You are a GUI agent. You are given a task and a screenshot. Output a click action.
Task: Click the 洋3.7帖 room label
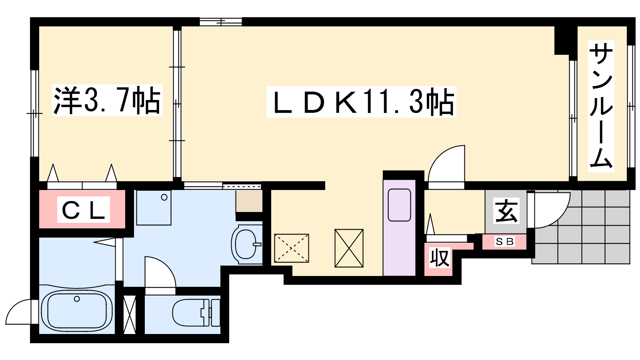[107, 100]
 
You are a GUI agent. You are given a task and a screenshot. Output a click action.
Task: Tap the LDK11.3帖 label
[361, 102]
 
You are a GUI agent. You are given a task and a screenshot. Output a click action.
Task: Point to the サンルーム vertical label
[601, 106]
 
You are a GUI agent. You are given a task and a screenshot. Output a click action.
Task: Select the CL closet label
[84, 210]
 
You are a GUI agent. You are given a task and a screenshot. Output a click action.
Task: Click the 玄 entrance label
[506, 212]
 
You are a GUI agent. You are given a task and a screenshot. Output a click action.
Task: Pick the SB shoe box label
[505, 242]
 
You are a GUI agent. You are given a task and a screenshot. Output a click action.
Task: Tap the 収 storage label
[440, 258]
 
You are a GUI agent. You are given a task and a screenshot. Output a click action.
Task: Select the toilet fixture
[196, 312]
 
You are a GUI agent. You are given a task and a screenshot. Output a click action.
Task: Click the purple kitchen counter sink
[399, 205]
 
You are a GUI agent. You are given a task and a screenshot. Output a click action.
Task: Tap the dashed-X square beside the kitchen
[292, 248]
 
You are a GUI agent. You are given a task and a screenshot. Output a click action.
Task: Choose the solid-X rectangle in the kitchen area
[349, 248]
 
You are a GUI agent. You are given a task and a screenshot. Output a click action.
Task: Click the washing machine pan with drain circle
[154, 208]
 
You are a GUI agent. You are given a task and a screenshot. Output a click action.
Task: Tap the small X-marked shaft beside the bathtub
[130, 314]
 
